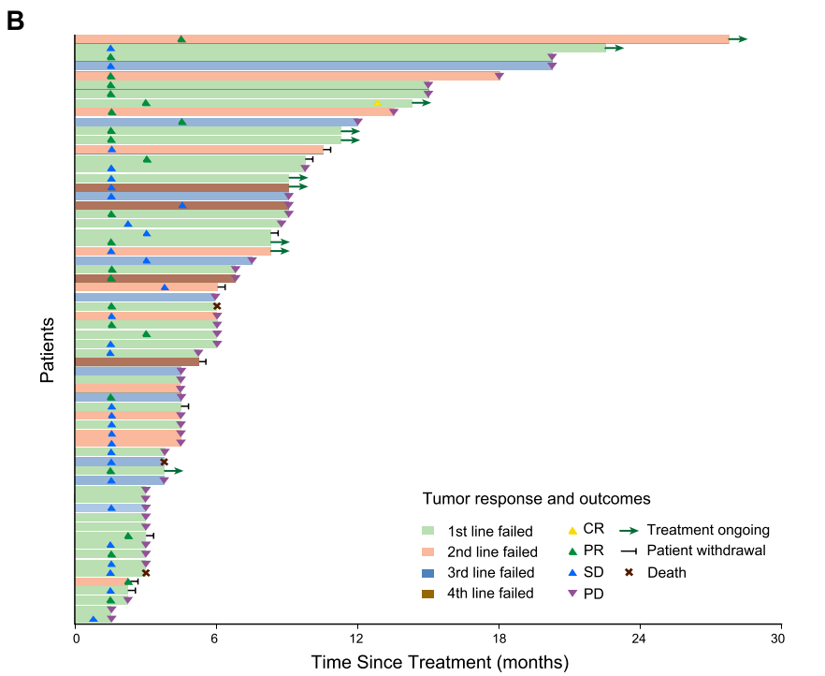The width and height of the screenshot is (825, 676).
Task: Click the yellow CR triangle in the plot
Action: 377,103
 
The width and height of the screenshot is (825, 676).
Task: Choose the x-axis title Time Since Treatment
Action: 440,663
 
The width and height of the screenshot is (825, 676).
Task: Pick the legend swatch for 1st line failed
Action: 429,531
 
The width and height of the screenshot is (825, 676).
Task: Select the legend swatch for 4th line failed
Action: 429,593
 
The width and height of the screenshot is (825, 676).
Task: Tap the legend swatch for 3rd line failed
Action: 429,572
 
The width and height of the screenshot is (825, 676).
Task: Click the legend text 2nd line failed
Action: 492,551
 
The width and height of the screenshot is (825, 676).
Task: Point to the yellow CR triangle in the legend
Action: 572,529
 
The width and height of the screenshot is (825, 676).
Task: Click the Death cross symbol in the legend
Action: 629,572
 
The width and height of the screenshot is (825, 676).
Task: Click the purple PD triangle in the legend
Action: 572,594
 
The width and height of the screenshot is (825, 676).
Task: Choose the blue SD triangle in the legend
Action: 572,572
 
